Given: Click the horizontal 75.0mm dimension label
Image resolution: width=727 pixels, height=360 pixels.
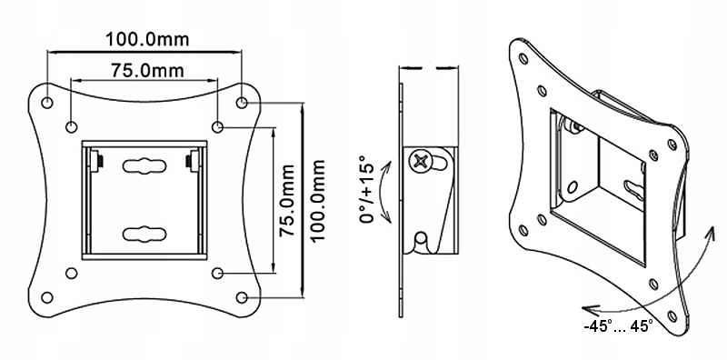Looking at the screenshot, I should [x=144, y=70].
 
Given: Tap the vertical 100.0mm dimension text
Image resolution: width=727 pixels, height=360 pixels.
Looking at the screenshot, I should [x=316, y=199].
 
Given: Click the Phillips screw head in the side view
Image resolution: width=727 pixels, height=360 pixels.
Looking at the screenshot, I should [x=420, y=162].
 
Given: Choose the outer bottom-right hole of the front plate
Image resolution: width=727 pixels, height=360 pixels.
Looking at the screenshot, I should [x=243, y=295].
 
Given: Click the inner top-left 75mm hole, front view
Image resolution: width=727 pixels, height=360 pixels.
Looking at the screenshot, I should [x=72, y=125].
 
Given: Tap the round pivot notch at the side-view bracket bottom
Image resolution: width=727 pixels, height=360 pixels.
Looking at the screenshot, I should [x=420, y=240].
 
